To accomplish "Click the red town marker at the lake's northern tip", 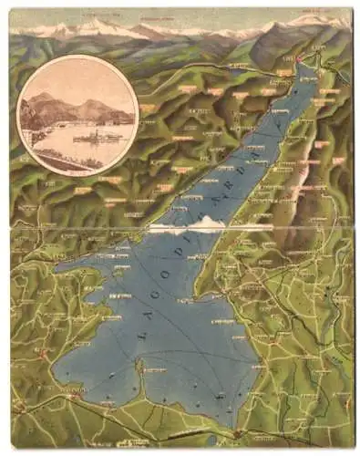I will click(297, 61).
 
